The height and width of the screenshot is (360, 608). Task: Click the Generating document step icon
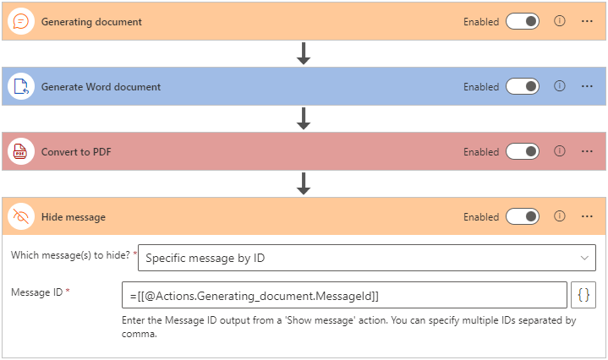click(20, 22)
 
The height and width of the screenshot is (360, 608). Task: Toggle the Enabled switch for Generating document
click(522, 22)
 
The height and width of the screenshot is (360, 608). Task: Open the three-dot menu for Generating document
click(587, 22)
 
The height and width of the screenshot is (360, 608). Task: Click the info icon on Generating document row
click(559, 22)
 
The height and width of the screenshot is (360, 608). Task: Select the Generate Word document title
click(101, 87)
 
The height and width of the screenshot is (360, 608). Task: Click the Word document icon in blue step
click(20, 87)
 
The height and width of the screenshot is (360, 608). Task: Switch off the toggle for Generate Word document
click(522, 87)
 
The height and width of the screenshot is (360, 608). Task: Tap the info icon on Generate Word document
click(559, 87)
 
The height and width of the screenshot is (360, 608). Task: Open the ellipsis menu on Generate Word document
click(587, 87)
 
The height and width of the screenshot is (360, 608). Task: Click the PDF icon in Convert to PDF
click(20, 152)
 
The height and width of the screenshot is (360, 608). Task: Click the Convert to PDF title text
click(76, 152)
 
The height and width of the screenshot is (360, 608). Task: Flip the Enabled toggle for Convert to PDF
click(522, 152)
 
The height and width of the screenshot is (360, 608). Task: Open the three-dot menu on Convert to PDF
click(587, 152)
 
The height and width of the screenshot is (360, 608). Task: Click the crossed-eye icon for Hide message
click(20, 217)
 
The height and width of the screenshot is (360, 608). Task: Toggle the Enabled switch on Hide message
click(522, 217)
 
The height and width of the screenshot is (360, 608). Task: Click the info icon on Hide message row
click(559, 217)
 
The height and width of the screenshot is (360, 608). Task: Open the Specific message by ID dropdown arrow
click(583, 258)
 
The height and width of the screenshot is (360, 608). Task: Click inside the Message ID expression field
click(343, 295)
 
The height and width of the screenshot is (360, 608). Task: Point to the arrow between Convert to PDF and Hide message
click(304, 183)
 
